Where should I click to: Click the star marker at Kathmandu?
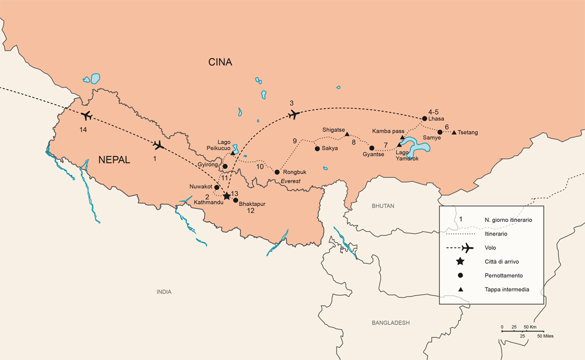coord(227,195)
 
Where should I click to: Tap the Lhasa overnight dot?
coord(424,118)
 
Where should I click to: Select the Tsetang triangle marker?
coord(454,132)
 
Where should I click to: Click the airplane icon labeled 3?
coord(294,115)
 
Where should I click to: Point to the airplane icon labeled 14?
coord(86,116)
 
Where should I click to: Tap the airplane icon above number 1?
coord(158,145)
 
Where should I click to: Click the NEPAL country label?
coord(114,160)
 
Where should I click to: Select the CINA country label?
coord(220,62)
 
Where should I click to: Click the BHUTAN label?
coord(382,206)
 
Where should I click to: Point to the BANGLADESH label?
coord(390,323)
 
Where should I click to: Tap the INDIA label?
coord(163,292)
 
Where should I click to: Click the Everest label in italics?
coord(290,181)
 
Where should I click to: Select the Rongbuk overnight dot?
coord(277,172)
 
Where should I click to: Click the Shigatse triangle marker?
coord(347,134)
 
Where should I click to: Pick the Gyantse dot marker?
coord(371,148)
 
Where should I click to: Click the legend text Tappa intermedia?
coord(506,289)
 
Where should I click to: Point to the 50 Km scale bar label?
coord(529,326)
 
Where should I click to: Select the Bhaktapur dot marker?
coord(235,200)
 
